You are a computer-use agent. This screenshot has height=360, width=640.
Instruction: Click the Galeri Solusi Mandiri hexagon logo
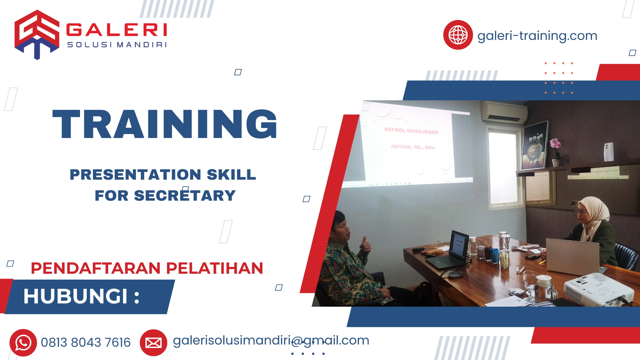[x=37, y=34]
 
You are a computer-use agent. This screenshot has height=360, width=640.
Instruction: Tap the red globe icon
[x=458, y=35]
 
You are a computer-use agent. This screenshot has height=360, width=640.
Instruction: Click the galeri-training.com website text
[x=537, y=36]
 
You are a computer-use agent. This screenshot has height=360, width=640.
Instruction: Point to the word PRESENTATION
[x=135, y=175]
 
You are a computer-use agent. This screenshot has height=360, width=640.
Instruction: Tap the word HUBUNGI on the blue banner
[x=76, y=296]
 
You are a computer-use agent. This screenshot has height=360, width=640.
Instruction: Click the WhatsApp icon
[x=23, y=343]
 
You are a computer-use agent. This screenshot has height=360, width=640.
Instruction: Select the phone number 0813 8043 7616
[x=86, y=343]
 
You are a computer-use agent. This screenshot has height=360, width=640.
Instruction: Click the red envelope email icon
[x=153, y=343]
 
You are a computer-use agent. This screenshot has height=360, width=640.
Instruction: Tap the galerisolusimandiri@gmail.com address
[x=271, y=341]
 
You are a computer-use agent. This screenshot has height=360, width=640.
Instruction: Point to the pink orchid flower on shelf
[x=555, y=144]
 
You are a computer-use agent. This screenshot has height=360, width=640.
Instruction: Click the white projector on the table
[x=598, y=289]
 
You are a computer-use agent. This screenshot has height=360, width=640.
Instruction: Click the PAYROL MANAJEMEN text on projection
[x=411, y=131]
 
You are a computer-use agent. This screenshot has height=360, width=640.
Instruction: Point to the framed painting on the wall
[x=535, y=145]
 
